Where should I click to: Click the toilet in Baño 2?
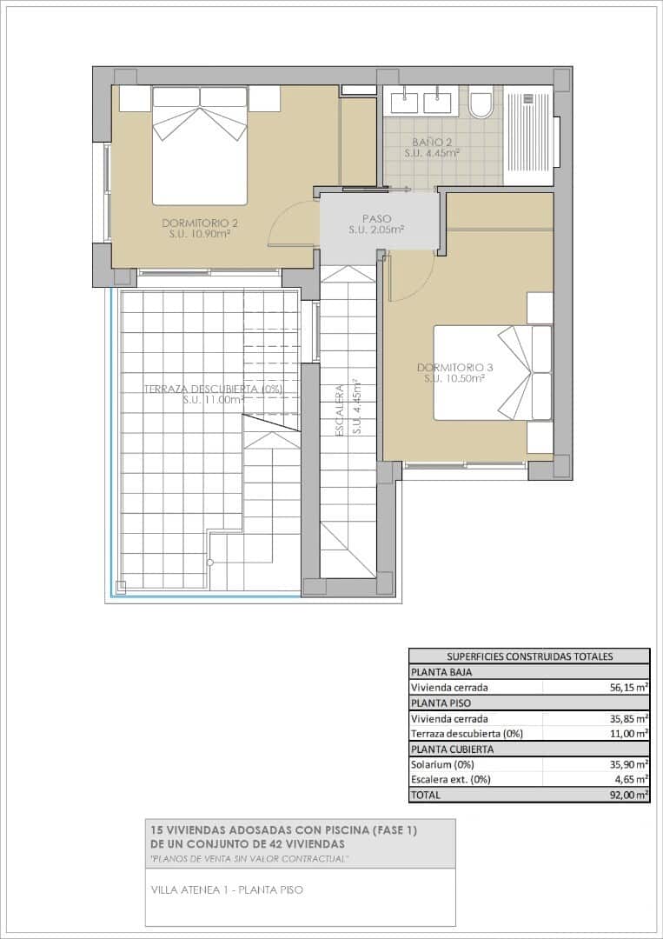tap(481, 102)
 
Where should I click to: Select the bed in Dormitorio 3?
tap(493, 372)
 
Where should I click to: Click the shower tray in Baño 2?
tap(528, 136)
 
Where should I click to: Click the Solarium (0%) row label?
tap(442, 765)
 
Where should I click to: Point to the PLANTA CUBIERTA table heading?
tap(452, 749)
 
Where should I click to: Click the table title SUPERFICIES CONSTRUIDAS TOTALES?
tap(529, 656)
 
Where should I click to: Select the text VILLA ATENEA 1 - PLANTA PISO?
tap(228, 890)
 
